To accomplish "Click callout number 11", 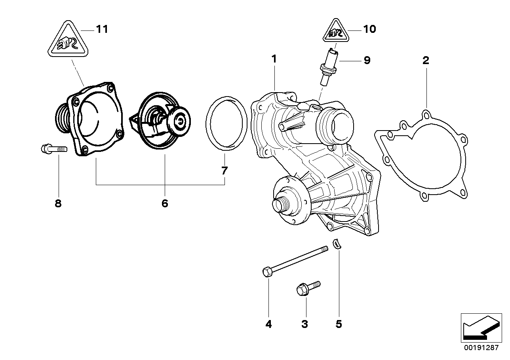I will [x=102, y=29].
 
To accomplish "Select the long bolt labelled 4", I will [x=295, y=260].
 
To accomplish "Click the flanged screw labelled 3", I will [x=308, y=288].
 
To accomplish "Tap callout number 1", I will [x=274, y=59].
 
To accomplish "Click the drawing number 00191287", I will [x=482, y=348].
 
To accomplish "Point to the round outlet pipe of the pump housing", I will [x=337, y=123].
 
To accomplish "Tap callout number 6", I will [x=165, y=203].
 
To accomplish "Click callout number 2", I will [x=426, y=61].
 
